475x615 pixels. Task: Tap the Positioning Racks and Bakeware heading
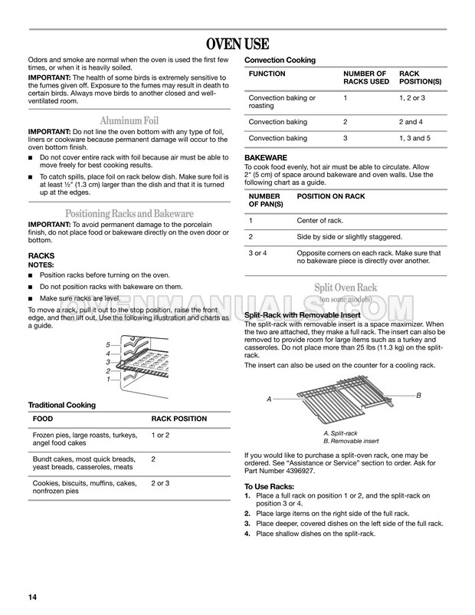129,213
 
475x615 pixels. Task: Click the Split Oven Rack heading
345,287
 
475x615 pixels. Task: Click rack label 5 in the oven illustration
108,344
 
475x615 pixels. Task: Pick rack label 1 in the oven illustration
108,379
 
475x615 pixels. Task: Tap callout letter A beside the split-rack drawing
269,400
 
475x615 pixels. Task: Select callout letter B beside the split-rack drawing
419,394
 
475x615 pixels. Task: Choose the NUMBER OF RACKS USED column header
366,77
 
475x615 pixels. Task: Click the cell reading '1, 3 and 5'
417,138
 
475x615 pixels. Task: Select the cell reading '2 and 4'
412,122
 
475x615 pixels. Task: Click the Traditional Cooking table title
62,404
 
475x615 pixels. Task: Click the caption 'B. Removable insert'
351,441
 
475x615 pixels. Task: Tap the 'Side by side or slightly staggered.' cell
349,236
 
